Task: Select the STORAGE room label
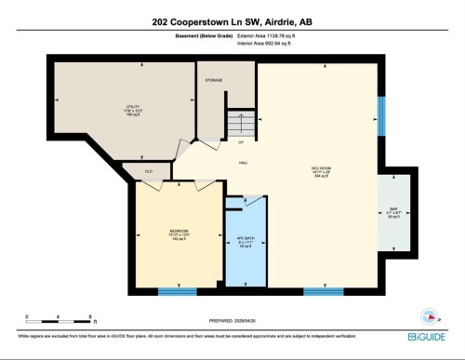214,80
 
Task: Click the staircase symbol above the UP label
240,124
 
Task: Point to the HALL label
244,163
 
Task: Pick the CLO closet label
149,172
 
